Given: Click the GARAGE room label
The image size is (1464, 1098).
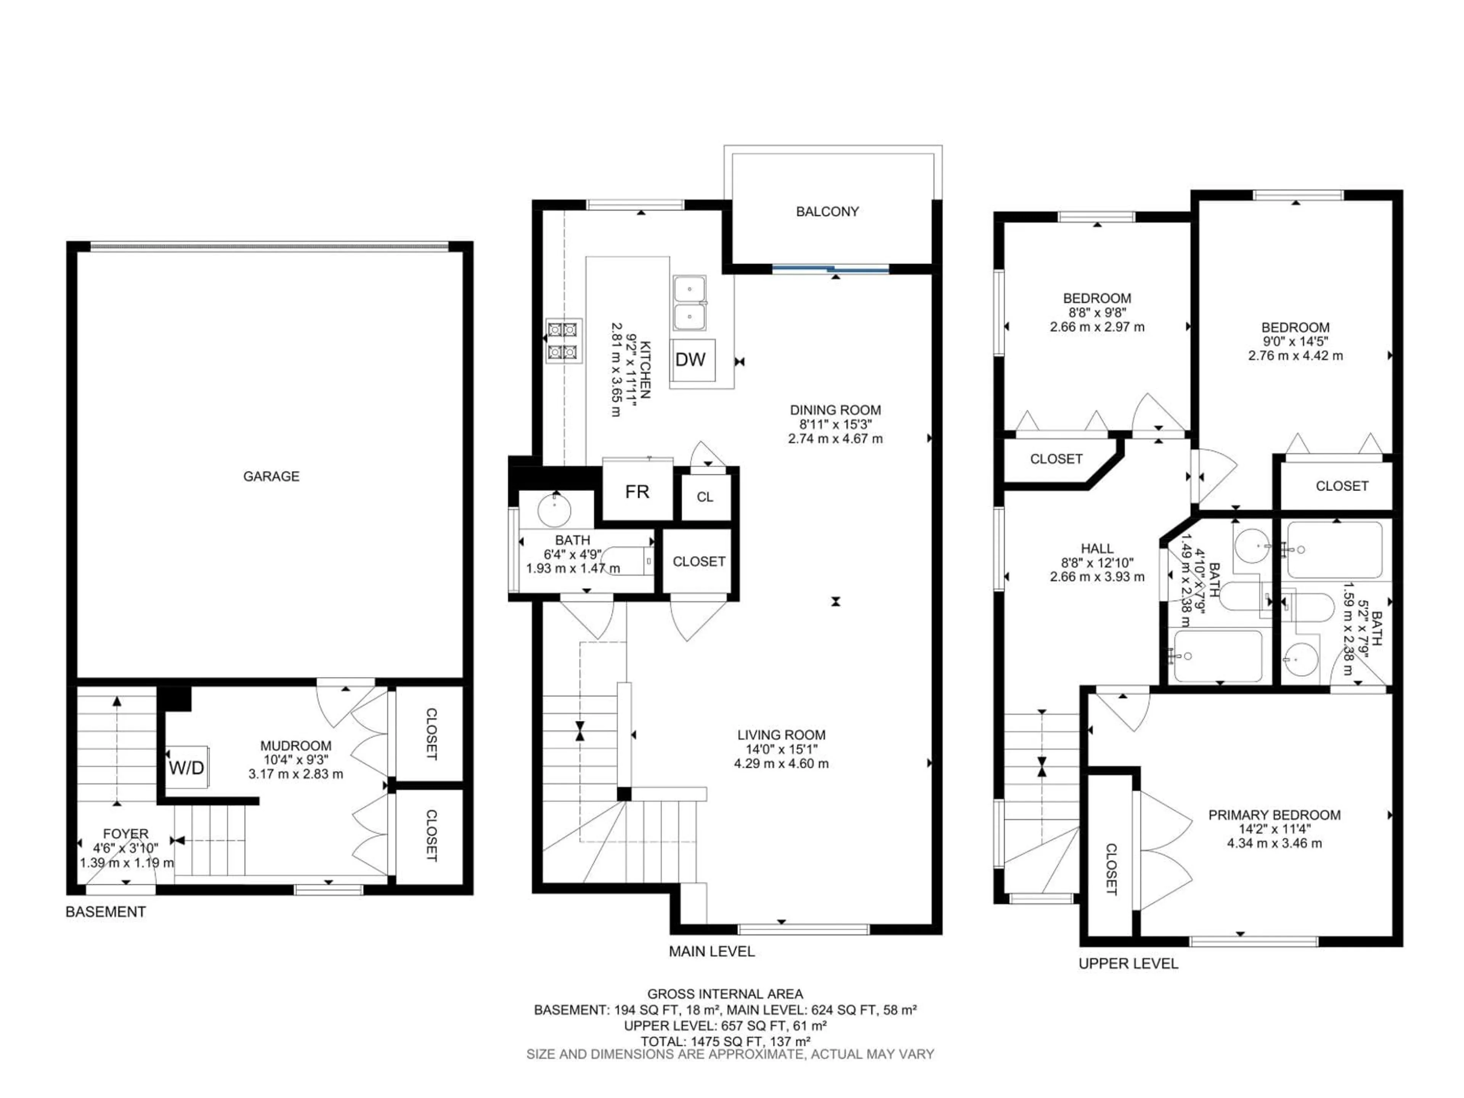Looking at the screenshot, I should (271, 476).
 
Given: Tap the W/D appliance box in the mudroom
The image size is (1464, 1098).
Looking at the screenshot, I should (187, 768).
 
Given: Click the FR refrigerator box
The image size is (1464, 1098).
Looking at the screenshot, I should (637, 492).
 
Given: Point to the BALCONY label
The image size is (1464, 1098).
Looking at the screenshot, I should (827, 212).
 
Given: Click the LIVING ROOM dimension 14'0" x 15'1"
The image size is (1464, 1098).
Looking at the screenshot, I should (781, 749).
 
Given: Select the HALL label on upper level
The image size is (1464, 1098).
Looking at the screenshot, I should (1097, 548).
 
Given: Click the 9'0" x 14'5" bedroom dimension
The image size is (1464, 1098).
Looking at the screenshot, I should (1295, 342).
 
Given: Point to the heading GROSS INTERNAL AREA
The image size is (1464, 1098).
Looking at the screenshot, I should (725, 994).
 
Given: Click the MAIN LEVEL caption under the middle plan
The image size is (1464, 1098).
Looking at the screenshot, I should (711, 952).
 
